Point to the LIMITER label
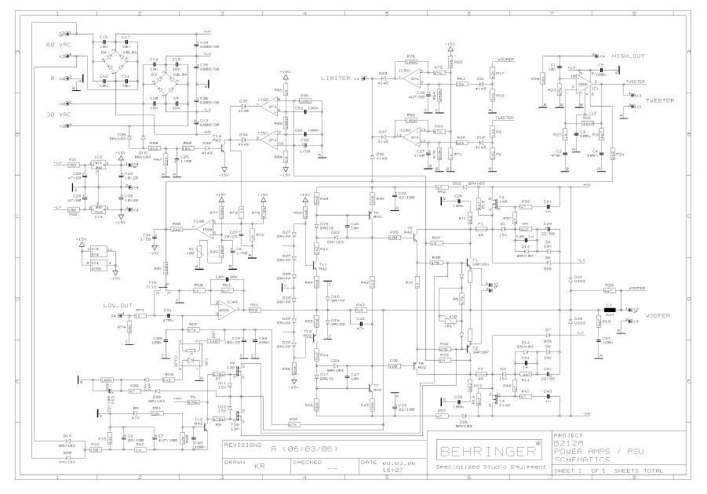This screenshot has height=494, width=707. (335, 78)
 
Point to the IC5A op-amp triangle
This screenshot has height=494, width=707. (406, 78)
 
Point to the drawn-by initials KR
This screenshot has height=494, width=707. (259, 465)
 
